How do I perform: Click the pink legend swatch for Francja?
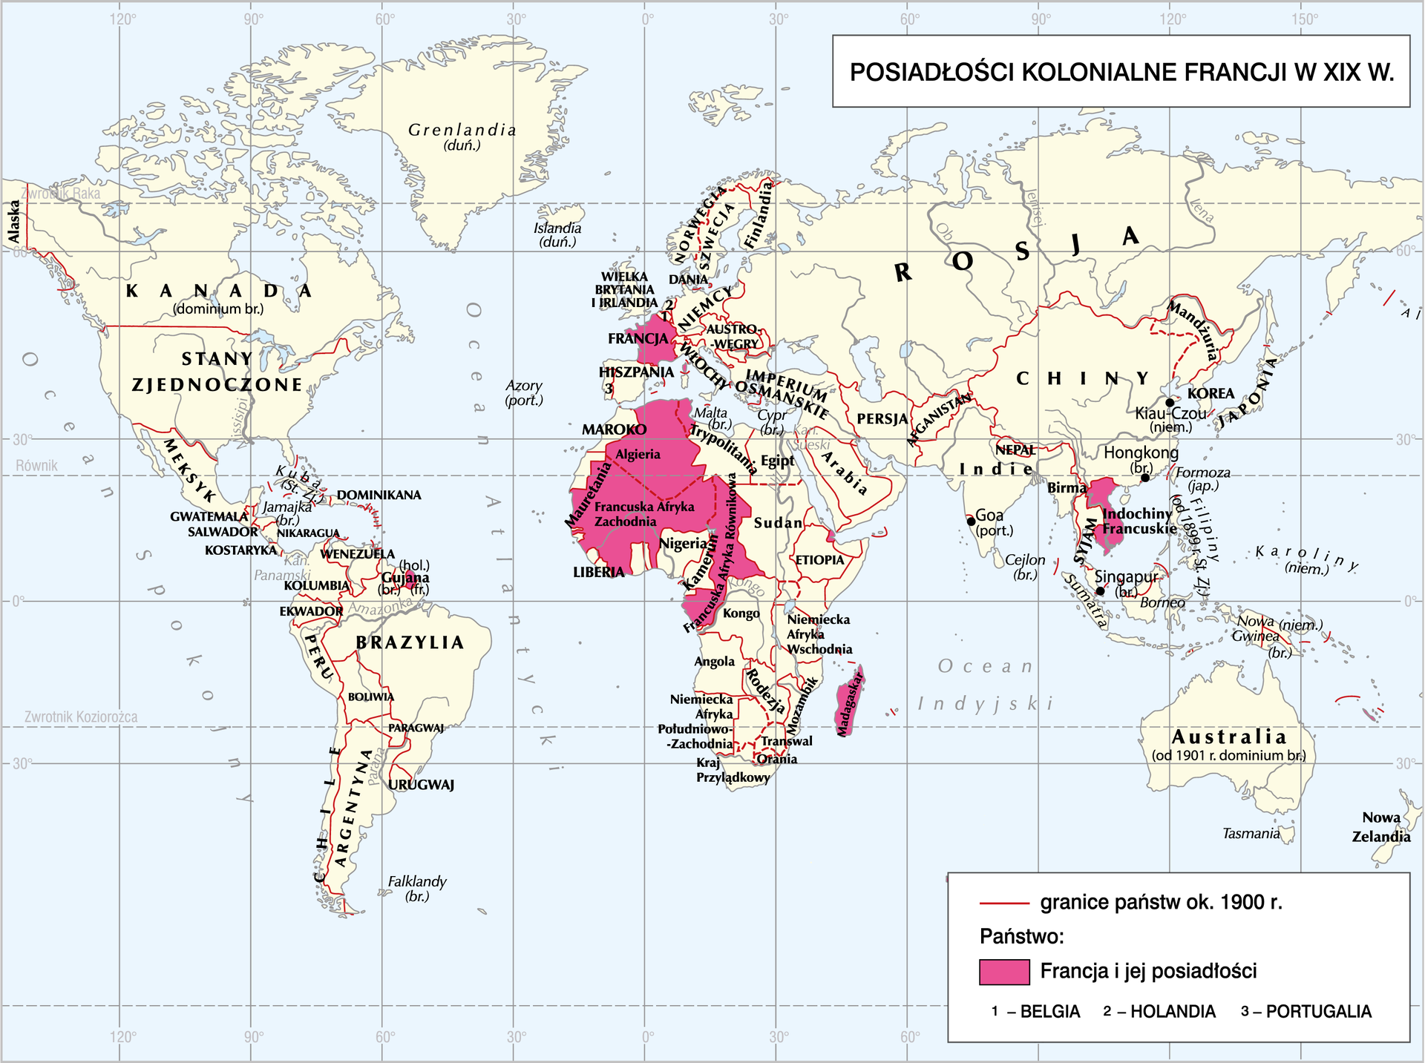[x=1004, y=972]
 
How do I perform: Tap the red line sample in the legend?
[x=1004, y=904]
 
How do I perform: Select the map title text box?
[x=1121, y=72]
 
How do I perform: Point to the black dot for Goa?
[x=971, y=521]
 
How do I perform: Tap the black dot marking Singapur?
[x=1100, y=591]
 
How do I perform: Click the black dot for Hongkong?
[x=1145, y=478]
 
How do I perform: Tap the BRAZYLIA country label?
[x=410, y=642]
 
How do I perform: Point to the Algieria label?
[x=638, y=454]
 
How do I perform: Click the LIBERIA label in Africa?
[x=598, y=572]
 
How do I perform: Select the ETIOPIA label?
[x=819, y=560]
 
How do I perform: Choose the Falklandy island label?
[x=417, y=881]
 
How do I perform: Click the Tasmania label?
[x=1251, y=834]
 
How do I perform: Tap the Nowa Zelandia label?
[x=1380, y=826]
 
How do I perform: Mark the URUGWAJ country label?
[x=421, y=784]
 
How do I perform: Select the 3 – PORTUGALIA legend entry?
[x=1306, y=1012]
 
